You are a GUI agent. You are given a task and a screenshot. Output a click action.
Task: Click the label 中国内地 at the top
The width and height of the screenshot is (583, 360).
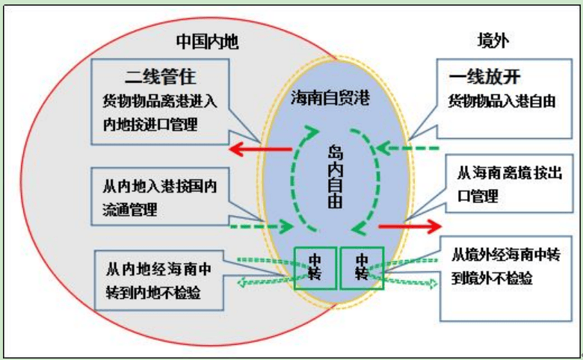tap(207, 41)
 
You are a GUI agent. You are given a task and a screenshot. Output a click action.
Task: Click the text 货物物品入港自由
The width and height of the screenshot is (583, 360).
tap(502, 102)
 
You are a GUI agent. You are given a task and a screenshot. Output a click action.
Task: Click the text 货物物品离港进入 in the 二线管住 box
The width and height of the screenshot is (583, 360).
tap(166, 102)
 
